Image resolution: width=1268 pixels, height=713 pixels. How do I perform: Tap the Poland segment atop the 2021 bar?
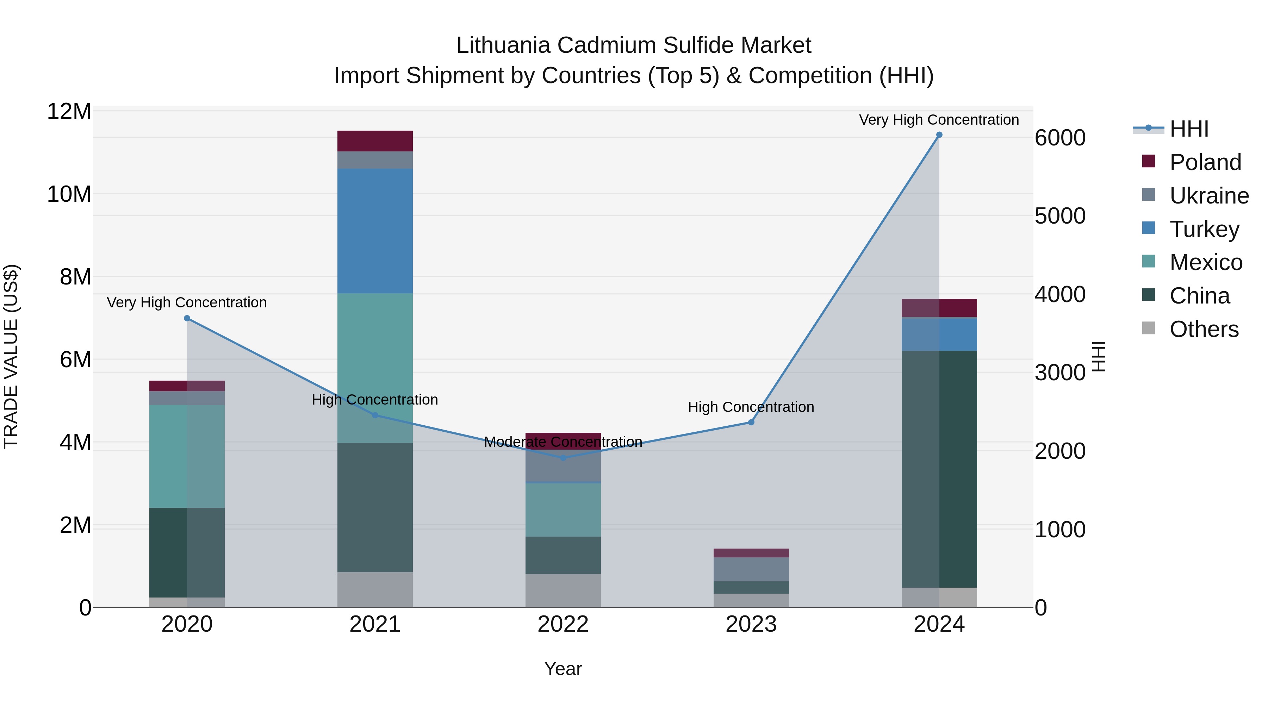(375, 141)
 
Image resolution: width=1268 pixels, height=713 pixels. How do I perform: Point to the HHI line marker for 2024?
(939, 135)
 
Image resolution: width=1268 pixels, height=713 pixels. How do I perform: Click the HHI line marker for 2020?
(187, 318)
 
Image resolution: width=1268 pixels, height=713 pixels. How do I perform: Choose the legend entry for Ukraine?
(1208, 196)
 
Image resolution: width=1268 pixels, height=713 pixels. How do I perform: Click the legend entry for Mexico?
(1206, 262)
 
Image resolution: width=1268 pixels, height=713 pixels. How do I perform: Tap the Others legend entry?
(1204, 329)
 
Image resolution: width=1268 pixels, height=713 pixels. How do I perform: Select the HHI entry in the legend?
(1188, 129)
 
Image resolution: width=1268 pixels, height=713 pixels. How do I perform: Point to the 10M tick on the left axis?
(69, 194)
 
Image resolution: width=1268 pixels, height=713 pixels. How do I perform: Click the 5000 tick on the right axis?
(1060, 216)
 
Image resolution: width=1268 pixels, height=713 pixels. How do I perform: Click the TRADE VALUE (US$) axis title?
(11, 356)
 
